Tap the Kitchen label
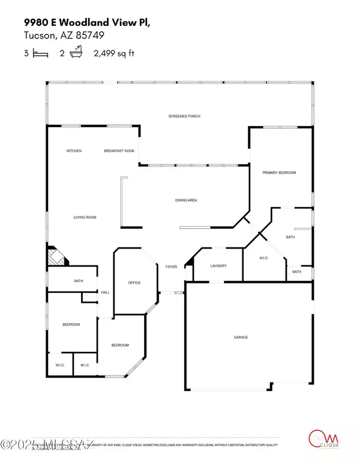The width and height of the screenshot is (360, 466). click(x=74, y=151)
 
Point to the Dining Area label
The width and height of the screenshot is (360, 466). click(x=186, y=200)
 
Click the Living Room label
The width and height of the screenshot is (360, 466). click(x=85, y=217)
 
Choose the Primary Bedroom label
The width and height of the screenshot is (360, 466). click(x=279, y=173)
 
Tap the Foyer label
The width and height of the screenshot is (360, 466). click(x=171, y=266)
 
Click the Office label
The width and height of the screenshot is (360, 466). click(x=134, y=283)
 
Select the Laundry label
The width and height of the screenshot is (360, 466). click(x=217, y=266)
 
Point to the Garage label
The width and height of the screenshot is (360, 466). click(x=241, y=337)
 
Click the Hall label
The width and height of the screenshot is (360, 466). click(x=106, y=292)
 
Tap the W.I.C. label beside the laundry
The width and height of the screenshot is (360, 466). click(x=263, y=258)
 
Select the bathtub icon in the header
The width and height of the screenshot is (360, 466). click(x=75, y=53)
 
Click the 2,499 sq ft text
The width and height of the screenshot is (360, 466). click(x=114, y=53)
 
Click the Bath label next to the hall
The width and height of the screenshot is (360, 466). click(x=78, y=281)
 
